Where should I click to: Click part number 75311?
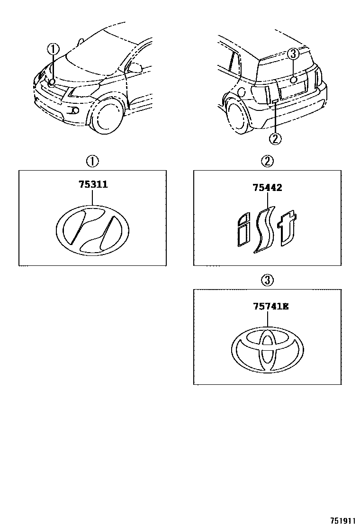tap(93, 185)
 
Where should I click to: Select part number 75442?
tap(268, 188)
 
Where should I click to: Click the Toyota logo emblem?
tap(268, 350)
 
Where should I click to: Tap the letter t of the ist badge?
tap(287, 230)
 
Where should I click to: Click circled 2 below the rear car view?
tap(275, 139)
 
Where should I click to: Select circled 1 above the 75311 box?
tap(92, 162)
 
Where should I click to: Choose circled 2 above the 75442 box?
tap(267, 162)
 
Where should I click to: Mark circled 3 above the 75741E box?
tap(267, 280)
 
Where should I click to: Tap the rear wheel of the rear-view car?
tap(238, 116)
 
